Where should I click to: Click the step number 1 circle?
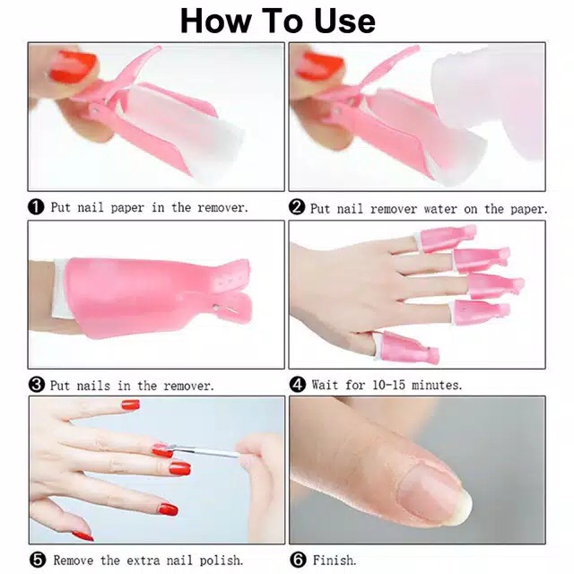[x=37, y=207]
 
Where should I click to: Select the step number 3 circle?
[x=37, y=385]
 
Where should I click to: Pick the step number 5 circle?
[x=37, y=560]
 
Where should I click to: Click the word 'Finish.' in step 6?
[x=334, y=561]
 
